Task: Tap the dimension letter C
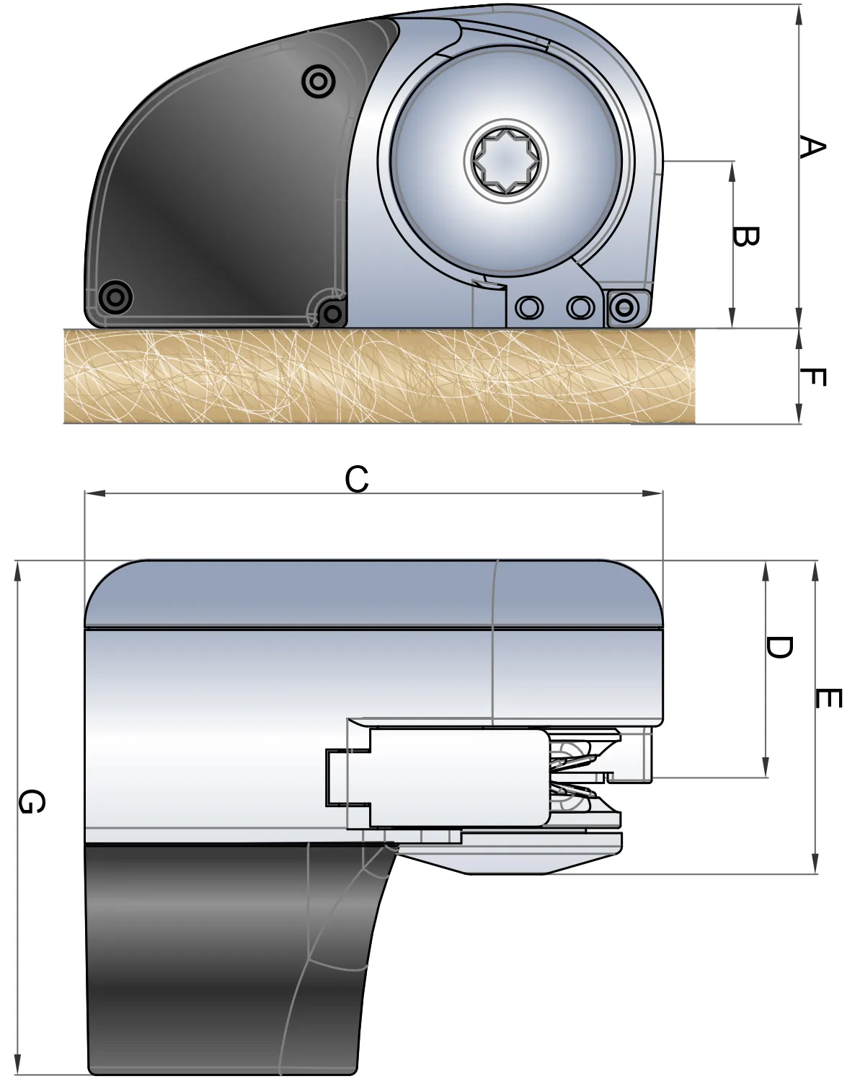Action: [357, 478]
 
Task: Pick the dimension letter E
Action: [828, 698]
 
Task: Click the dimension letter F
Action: [812, 376]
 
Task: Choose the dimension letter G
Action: [32, 801]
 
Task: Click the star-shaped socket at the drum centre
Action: [506, 162]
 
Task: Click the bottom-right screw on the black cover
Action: [332, 313]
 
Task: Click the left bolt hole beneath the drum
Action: [530, 308]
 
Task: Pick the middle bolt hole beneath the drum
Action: [578, 308]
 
